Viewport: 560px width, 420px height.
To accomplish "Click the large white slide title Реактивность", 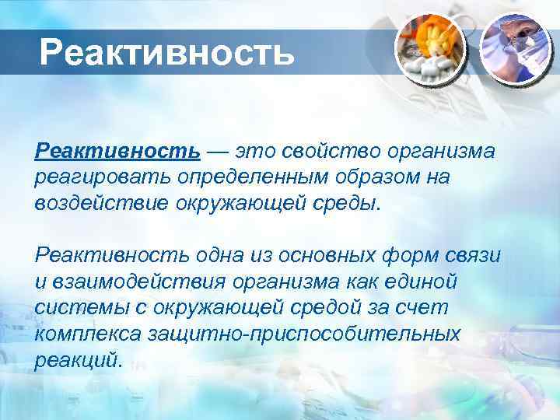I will coord(167,53).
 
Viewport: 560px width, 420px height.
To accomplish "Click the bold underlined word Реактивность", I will coord(117,149).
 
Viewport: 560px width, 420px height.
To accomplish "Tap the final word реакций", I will coord(78,360).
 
